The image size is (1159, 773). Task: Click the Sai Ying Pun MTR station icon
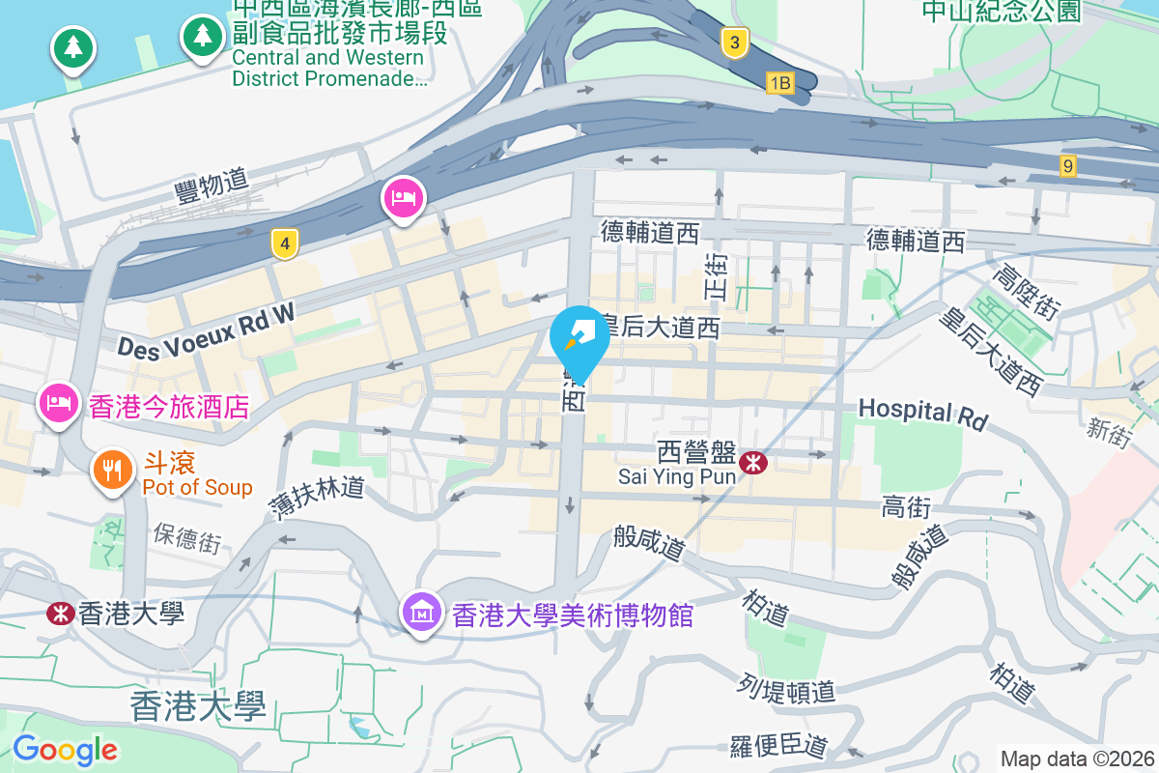coord(753,464)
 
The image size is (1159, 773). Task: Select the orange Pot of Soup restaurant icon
coord(113,470)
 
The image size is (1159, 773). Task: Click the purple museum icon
coord(422,613)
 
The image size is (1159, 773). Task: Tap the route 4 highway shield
coord(283,243)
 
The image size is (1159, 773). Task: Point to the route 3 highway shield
coord(735,43)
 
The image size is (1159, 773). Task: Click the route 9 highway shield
coord(1067,165)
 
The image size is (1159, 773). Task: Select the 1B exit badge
coord(779,84)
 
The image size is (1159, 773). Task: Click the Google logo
coord(65,749)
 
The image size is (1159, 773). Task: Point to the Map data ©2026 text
coord(1077,759)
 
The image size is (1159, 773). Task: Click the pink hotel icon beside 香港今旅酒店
coord(58,402)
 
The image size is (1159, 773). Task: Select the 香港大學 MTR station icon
coord(60,613)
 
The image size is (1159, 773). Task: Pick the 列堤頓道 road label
coord(789,689)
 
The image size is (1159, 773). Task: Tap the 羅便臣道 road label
coord(778,746)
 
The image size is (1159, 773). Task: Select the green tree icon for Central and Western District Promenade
coord(201,37)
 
